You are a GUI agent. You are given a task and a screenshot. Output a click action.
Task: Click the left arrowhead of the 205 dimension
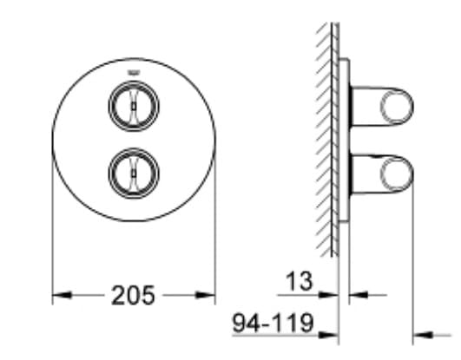click(x=60, y=296)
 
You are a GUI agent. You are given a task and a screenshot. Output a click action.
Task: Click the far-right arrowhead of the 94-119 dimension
click(x=422, y=331)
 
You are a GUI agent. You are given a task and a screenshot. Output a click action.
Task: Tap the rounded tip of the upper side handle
click(x=400, y=107)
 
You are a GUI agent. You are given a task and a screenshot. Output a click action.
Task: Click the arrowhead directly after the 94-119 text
click(x=329, y=331)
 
